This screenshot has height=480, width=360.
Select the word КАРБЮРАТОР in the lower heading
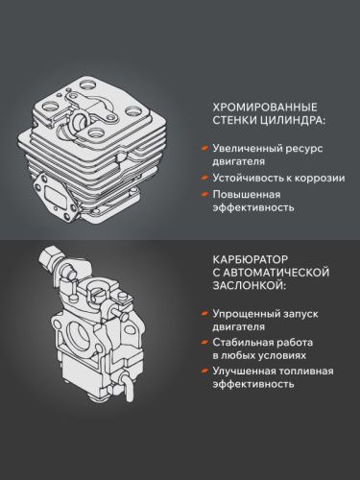[x=249, y=257]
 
